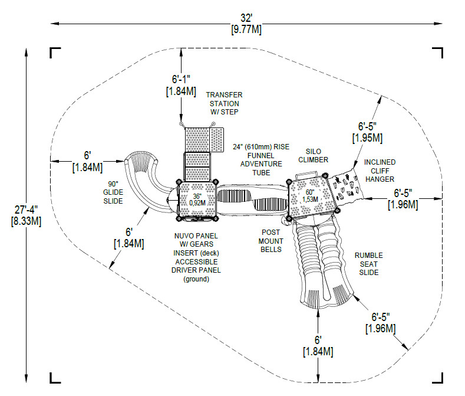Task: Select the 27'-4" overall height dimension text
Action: [x=24, y=209]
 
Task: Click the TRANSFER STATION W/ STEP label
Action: [x=223, y=103]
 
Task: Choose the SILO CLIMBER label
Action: [x=313, y=155]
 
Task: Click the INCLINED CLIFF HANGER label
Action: [x=380, y=171]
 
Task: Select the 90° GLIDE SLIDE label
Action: [x=113, y=192]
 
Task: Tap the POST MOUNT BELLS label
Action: [x=271, y=241]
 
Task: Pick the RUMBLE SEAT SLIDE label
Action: [x=368, y=264]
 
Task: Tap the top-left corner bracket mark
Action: [x=55, y=53]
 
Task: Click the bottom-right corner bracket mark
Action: [x=438, y=378]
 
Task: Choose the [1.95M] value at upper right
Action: [x=367, y=138]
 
